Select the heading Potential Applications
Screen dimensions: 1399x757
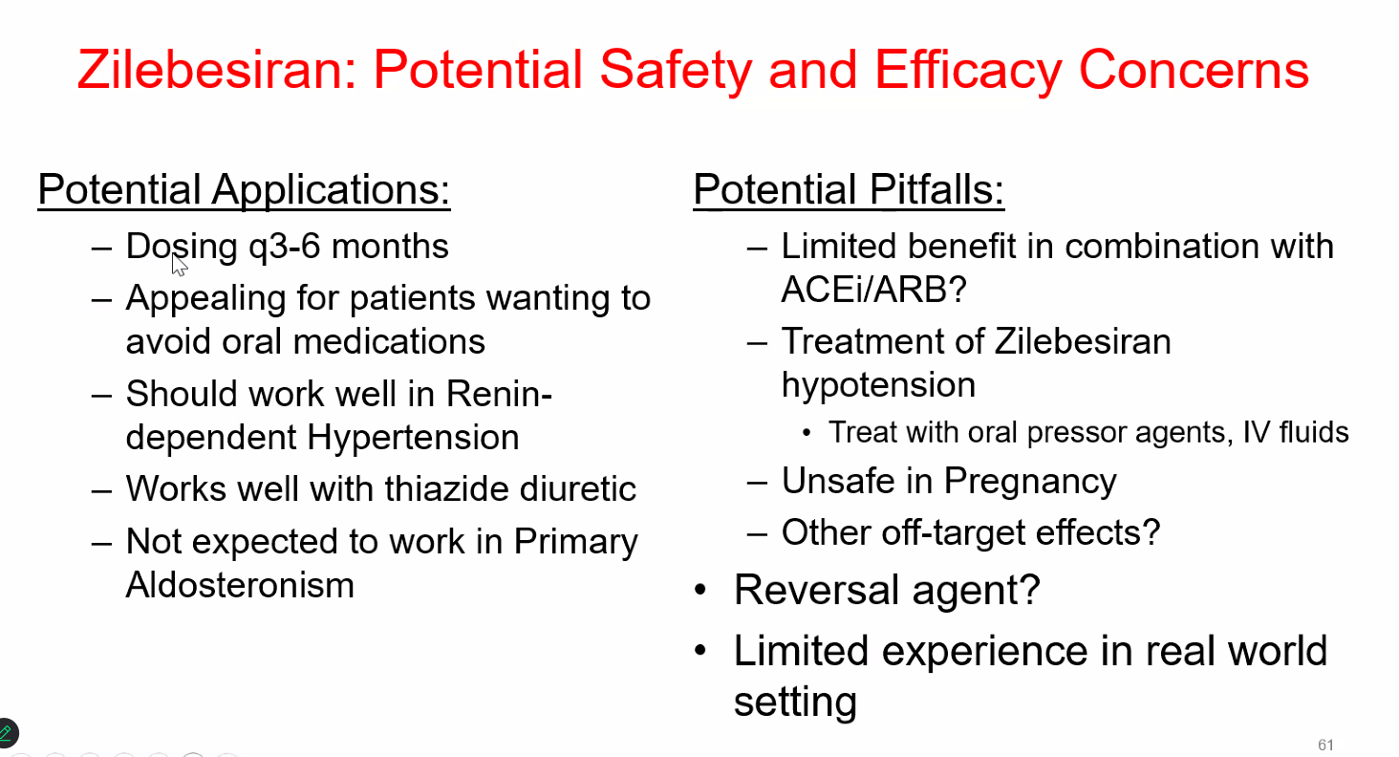coord(244,189)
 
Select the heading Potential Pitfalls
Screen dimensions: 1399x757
coord(849,189)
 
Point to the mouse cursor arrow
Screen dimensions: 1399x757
coord(179,264)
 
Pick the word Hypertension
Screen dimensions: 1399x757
coord(413,437)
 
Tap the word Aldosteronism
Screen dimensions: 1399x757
coord(240,585)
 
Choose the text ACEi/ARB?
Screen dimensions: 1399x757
coord(873,290)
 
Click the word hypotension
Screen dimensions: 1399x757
coord(878,386)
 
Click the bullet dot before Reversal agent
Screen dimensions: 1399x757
coord(700,590)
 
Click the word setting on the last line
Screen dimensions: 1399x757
coord(795,703)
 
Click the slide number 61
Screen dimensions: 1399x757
coord(1326,745)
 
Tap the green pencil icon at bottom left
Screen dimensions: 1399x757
coord(7,733)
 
